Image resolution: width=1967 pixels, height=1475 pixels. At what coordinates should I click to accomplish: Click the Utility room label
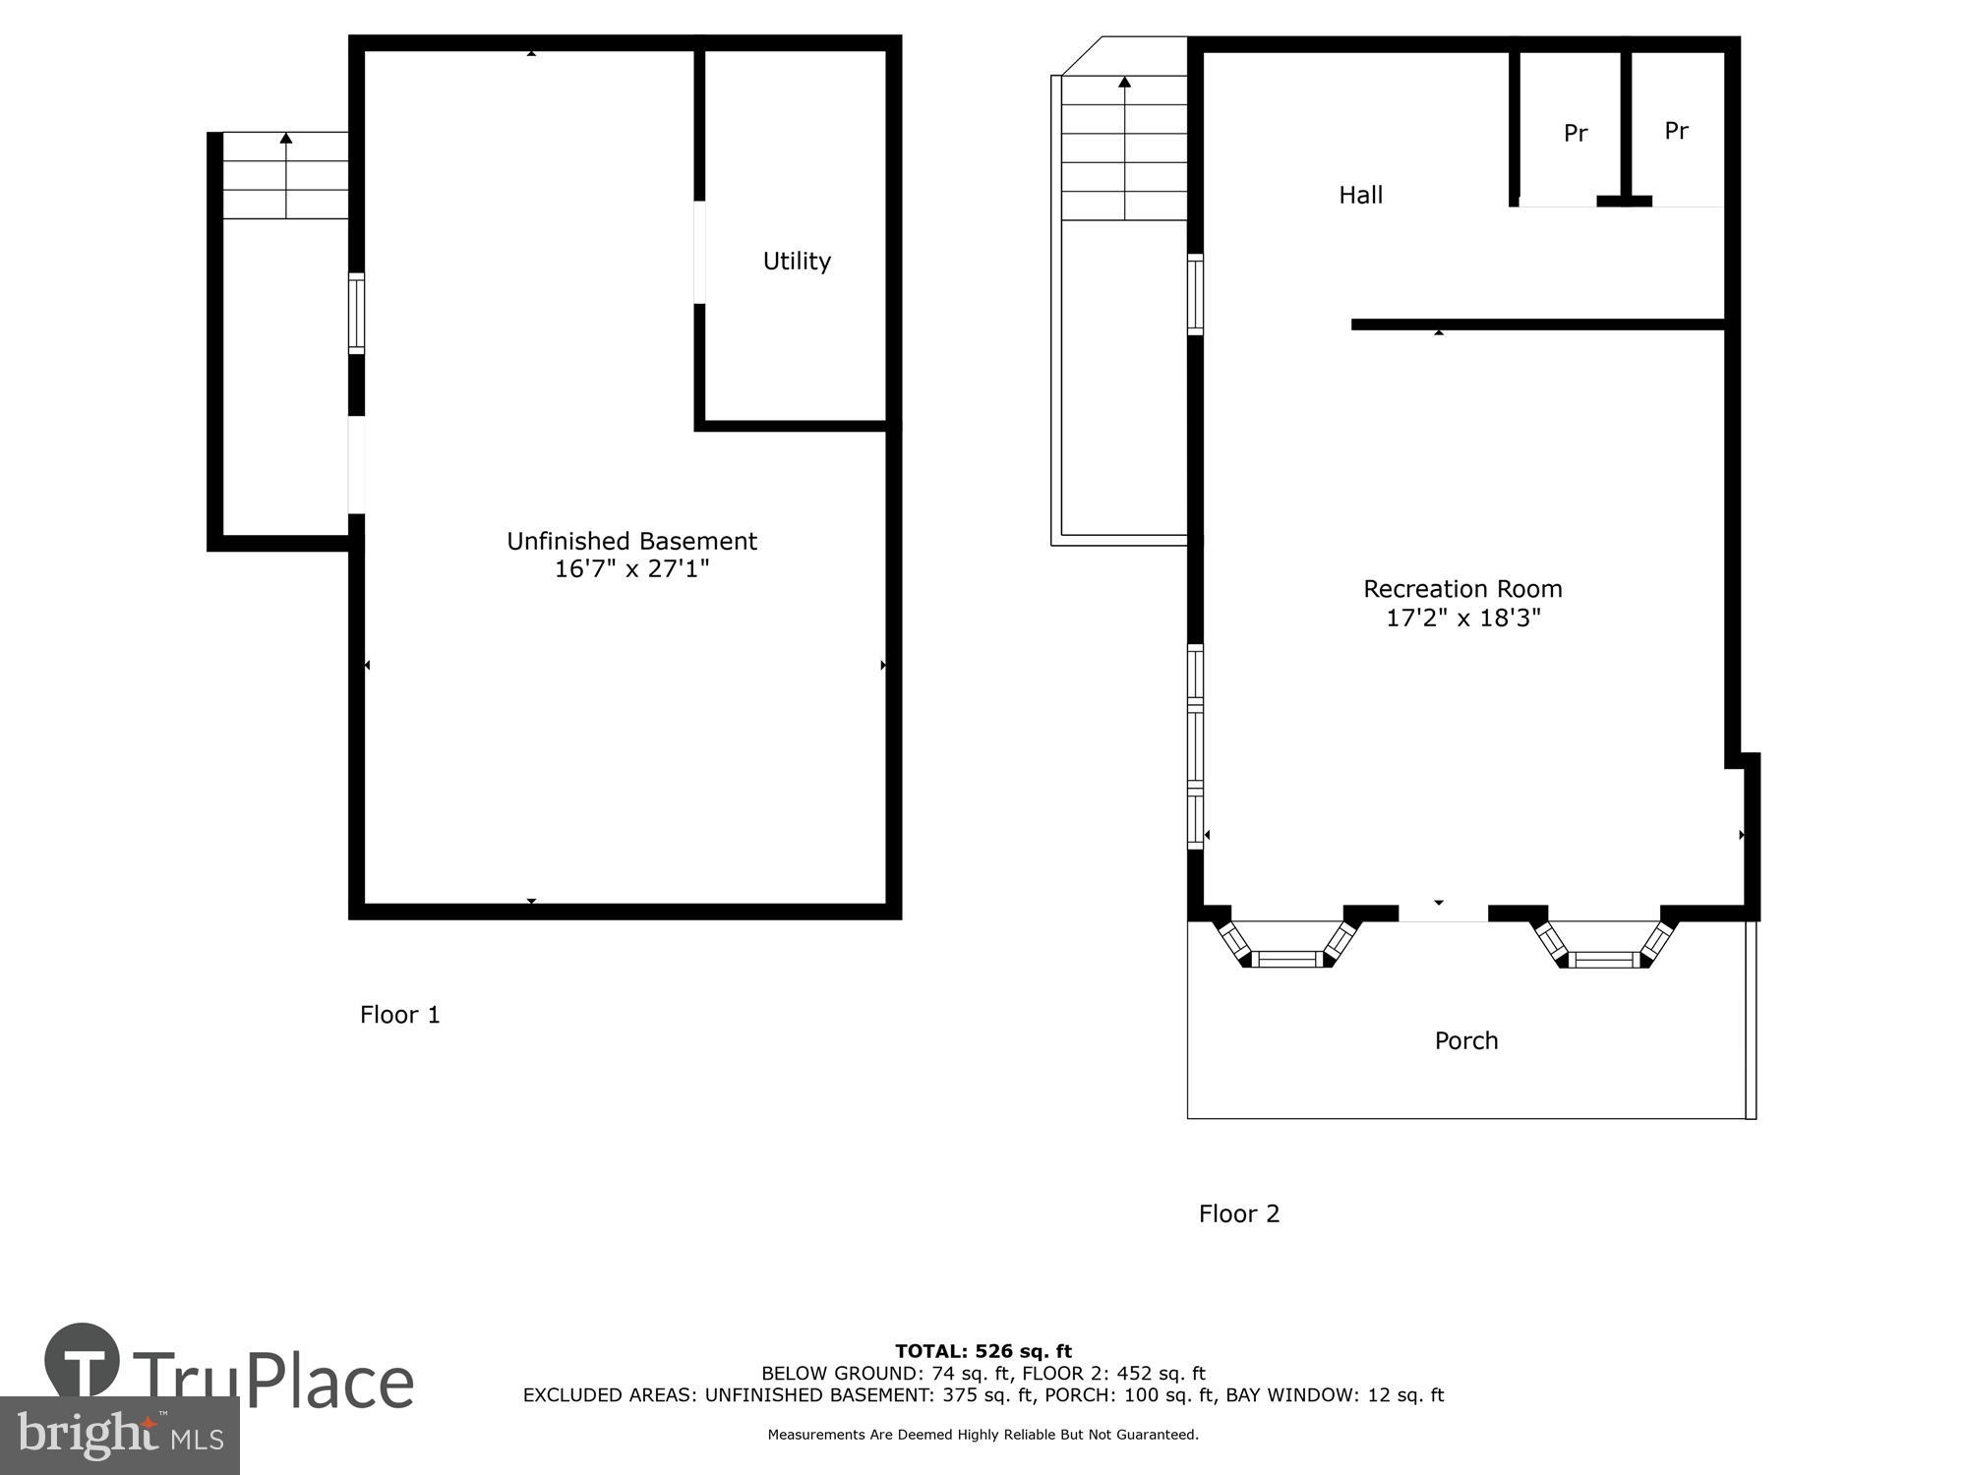pyautogui.click(x=797, y=261)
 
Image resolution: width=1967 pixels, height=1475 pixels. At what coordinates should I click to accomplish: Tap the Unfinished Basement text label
pyautogui.click(x=631, y=541)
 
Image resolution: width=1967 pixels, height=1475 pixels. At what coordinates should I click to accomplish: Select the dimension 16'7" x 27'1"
pyautogui.click(x=631, y=569)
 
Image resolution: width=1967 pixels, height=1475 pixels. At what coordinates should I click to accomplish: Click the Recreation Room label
pyautogui.click(x=1462, y=589)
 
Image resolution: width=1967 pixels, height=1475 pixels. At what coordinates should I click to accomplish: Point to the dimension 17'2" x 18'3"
pyautogui.click(x=1462, y=619)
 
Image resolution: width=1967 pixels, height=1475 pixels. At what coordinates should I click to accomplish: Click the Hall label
pyautogui.click(x=1360, y=195)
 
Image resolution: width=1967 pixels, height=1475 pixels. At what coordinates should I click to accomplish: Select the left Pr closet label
pyautogui.click(x=1576, y=133)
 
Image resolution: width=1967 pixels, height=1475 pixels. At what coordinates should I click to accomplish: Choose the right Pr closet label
pyautogui.click(x=1676, y=130)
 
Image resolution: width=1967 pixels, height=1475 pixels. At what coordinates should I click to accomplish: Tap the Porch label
pyautogui.click(x=1465, y=1040)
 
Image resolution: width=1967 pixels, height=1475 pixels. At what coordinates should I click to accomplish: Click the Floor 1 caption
pyautogui.click(x=399, y=1015)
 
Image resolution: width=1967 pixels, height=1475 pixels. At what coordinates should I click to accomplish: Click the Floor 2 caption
pyautogui.click(x=1238, y=1213)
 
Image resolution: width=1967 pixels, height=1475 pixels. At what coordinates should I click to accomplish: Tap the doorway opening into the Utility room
pyautogui.click(x=699, y=252)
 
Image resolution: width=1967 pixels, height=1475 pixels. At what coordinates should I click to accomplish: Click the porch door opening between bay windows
pyautogui.click(x=1443, y=914)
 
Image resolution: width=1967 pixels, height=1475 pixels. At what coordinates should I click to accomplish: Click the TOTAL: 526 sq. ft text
pyautogui.click(x=983, y=1351)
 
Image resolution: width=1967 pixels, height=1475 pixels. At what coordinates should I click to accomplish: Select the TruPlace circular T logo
pyautogui.click(x=83, y=1361)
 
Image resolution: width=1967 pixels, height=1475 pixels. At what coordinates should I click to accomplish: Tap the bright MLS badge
pyautogui.click(x=119, y=1436)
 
